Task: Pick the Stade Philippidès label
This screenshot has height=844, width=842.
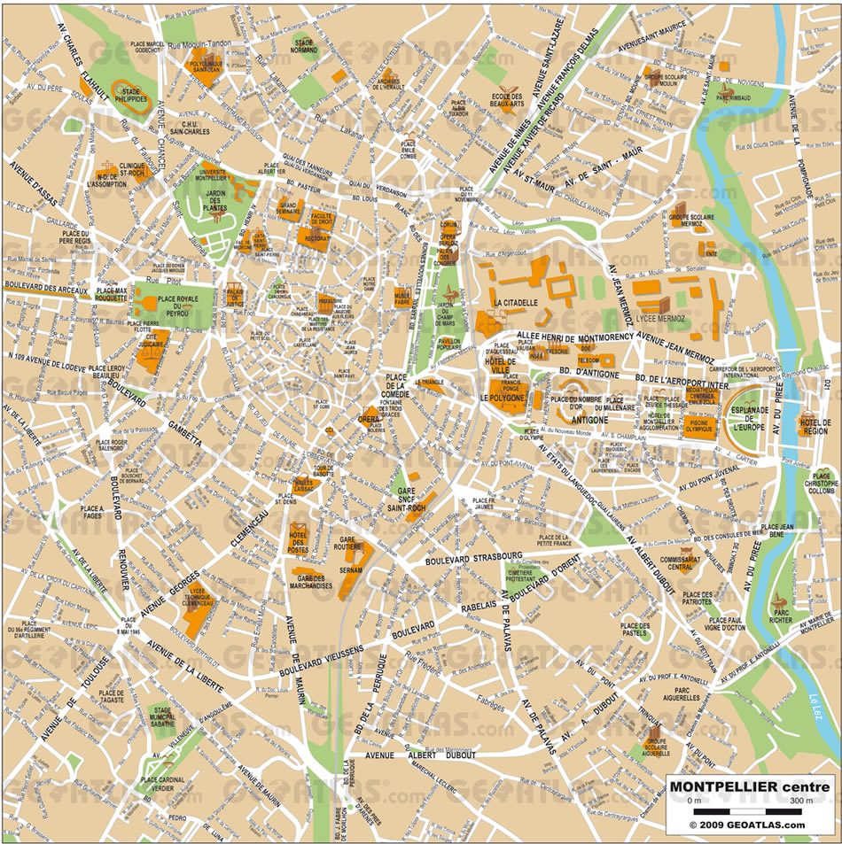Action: pos(130,95)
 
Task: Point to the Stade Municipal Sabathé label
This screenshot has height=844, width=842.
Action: pos(162,716)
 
